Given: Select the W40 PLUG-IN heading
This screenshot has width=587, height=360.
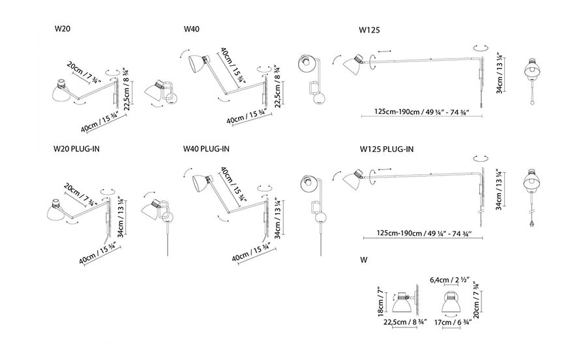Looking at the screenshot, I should (x=206, y=149).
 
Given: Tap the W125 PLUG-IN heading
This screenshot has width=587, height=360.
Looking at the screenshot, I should (x=386, y=149).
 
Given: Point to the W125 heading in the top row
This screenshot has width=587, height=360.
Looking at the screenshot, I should (x=369, y=30).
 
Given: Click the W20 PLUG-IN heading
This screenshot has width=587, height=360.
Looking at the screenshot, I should (x=77, y=149).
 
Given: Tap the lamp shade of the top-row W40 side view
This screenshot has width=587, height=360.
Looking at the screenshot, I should (x=196, y=64).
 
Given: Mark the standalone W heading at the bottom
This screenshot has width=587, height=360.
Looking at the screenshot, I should (x=363, y=260).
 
